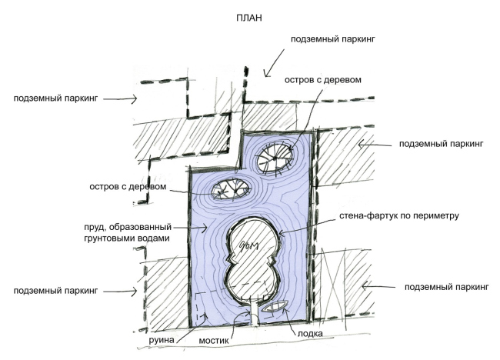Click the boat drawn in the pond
(275, 307)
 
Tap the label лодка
(305, 335)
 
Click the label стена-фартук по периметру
(398, 216)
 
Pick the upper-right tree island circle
(275, 158)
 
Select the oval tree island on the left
(229, 188)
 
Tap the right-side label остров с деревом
(322, 79)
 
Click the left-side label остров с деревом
(136, 187)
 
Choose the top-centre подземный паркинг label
(332, 38)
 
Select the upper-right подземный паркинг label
(441, 144)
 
